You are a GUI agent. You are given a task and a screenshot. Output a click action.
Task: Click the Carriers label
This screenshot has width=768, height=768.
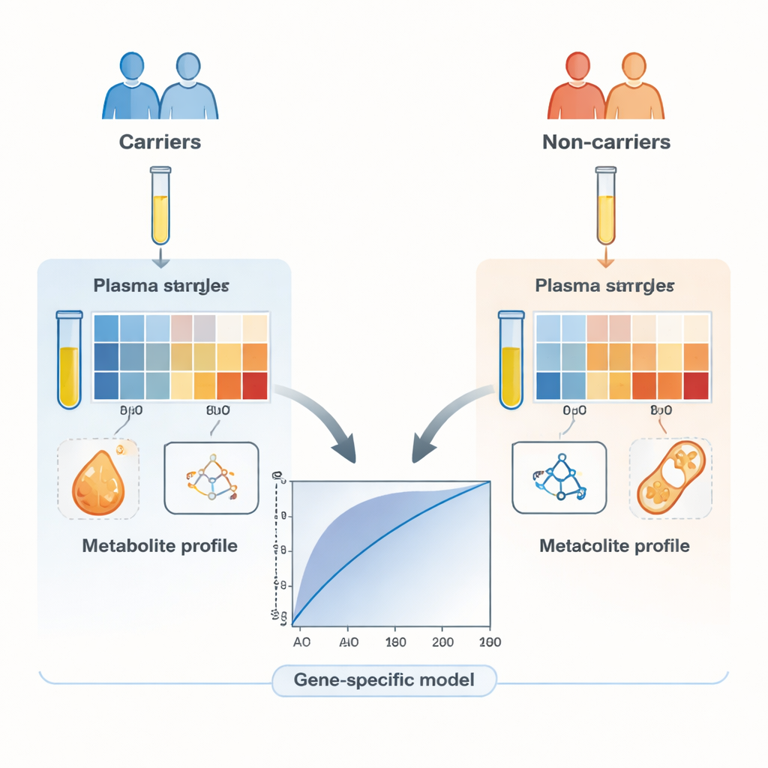[160, 141]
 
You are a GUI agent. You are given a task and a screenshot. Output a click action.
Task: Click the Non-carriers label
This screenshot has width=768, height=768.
[606, 141]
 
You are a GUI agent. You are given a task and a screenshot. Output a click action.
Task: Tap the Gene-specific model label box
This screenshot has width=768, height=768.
[384, 680]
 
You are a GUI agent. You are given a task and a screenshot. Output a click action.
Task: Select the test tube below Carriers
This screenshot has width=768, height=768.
[160, 205]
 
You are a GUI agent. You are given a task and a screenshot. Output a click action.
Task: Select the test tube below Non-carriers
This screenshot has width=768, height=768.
[605, 205]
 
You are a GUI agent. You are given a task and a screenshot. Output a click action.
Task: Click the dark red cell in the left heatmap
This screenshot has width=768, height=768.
[255, 385]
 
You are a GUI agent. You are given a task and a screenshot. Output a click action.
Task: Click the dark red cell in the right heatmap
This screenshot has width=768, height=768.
[695, 385]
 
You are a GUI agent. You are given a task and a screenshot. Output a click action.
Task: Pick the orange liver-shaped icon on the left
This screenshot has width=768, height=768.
[97, 480]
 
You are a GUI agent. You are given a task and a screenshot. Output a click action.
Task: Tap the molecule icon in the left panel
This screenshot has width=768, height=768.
[211, 478]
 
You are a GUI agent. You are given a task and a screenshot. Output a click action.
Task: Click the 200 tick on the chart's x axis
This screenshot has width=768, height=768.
[443, 642]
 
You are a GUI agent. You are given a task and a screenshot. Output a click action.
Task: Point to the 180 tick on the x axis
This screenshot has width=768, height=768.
[395, 642]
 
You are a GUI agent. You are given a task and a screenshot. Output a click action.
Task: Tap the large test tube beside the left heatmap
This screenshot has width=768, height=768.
[70, 360]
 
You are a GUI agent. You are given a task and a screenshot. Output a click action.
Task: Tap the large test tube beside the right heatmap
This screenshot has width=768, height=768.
[511, 360]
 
